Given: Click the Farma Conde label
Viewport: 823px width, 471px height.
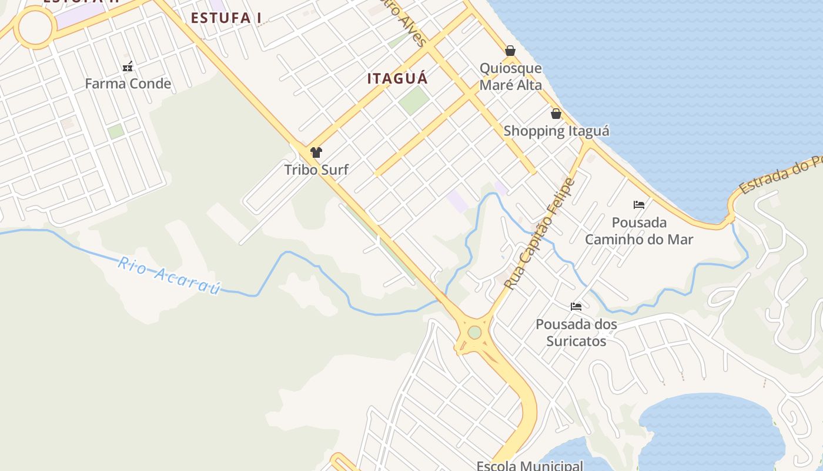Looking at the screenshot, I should pos(128,84).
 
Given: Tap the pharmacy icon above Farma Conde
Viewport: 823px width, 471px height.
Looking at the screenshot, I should pos(128,67).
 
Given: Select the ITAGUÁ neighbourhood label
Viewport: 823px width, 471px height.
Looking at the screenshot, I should pos(398,78).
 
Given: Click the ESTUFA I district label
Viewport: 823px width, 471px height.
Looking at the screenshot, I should pos(226,18).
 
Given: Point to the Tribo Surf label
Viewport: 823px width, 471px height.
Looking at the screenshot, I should pos(316,170).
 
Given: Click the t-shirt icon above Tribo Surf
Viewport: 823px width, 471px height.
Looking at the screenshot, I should pos(316,152).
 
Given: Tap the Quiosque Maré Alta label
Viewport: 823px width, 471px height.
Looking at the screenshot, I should pos(510,77).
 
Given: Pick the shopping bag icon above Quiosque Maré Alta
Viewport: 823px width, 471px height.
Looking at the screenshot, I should pos(510,51).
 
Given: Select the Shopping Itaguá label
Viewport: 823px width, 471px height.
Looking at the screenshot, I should pos(556,131).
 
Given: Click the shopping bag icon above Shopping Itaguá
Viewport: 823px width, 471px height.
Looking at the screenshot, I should pos(556,114).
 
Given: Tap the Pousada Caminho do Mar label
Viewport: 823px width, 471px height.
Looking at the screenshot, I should pos(639,231).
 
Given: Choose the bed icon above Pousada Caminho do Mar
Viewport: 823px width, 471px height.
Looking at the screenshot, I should pos(639,205).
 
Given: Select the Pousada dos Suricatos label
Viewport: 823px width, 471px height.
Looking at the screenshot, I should pos(576,333).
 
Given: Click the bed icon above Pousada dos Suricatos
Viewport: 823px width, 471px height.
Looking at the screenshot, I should pos(576,307).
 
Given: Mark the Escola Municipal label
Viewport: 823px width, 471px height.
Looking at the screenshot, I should pos(530,466).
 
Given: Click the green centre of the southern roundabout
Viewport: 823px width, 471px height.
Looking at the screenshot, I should pos(475,333).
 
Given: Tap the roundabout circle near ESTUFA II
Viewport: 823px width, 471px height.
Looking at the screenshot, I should pos(35,26).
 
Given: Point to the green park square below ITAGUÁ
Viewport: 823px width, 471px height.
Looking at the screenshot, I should pos(414,101).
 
